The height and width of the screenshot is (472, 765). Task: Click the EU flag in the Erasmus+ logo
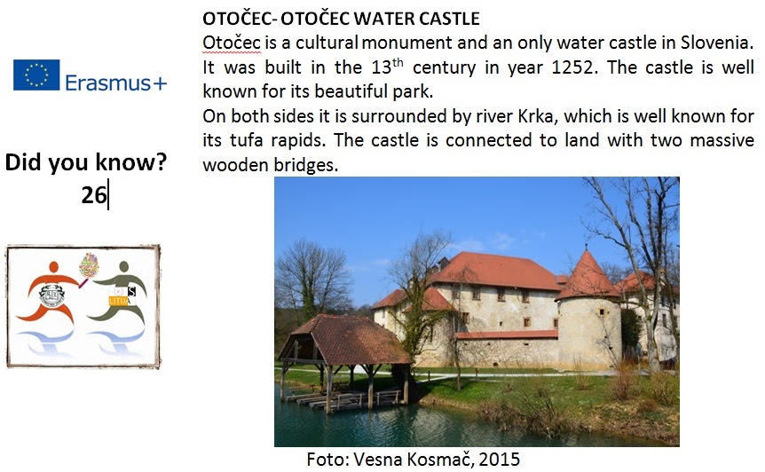point(36,75)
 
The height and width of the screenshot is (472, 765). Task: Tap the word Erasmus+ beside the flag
point(116,83)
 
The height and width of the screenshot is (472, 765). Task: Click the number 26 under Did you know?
point(94,195)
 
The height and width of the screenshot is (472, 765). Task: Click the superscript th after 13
point(398,62)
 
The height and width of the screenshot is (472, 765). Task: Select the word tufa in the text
point(246,140)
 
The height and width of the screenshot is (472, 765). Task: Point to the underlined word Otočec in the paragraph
point(232,43)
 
